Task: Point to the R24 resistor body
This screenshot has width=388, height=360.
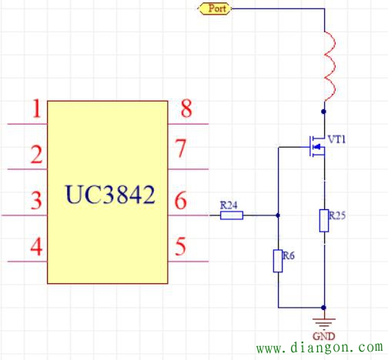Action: (232, 215)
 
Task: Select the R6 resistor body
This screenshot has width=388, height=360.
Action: (278, 261)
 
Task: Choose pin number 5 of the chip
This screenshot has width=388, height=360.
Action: (182, 248)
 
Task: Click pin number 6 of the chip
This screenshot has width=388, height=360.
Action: (182, 202)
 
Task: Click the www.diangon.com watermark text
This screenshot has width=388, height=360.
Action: (320, 348)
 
